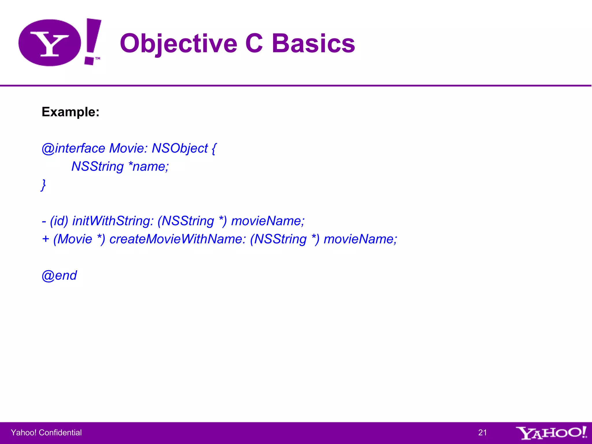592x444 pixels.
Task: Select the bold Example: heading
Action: point(71,112)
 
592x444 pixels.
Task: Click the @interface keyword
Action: point(73,148)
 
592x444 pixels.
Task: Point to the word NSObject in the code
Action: point(180,148)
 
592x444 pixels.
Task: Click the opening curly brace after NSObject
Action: point(214,148)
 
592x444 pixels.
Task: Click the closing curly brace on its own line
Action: point(43,185)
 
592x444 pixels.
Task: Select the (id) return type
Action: point(59,221)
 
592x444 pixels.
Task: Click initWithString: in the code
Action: point(113,221)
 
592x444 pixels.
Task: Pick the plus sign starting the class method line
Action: point(45,239)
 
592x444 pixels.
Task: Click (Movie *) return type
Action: point(79,239)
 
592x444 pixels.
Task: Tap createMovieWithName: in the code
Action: point(177,239)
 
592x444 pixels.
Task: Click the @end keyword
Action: point(59,275)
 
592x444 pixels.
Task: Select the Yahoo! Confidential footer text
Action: point(46,432)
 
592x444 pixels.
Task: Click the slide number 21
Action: point(482,432)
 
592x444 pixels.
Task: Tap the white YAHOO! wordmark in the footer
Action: point(551,433)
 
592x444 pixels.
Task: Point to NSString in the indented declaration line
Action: point(97,166)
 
